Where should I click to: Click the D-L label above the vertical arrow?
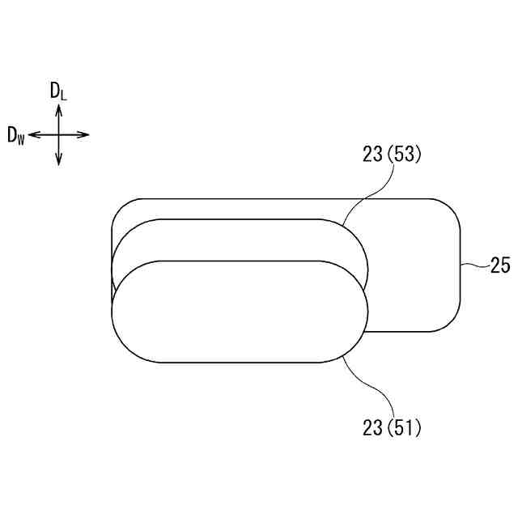[x=58, y=91]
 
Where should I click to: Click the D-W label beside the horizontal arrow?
[x=16, y=136]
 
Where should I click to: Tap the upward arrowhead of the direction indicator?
[x=58, y=109]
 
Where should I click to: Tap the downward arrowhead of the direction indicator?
[x=58, y=160]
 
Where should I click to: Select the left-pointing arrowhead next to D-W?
[x=34, y=134]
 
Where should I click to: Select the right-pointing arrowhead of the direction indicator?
[x=83, y=134]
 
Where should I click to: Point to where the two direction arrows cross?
[x=58, y=134]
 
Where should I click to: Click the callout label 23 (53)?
[x=392, y=155]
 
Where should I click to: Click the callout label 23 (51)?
[x=392, y=427]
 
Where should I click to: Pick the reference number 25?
[x=500, y=265]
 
